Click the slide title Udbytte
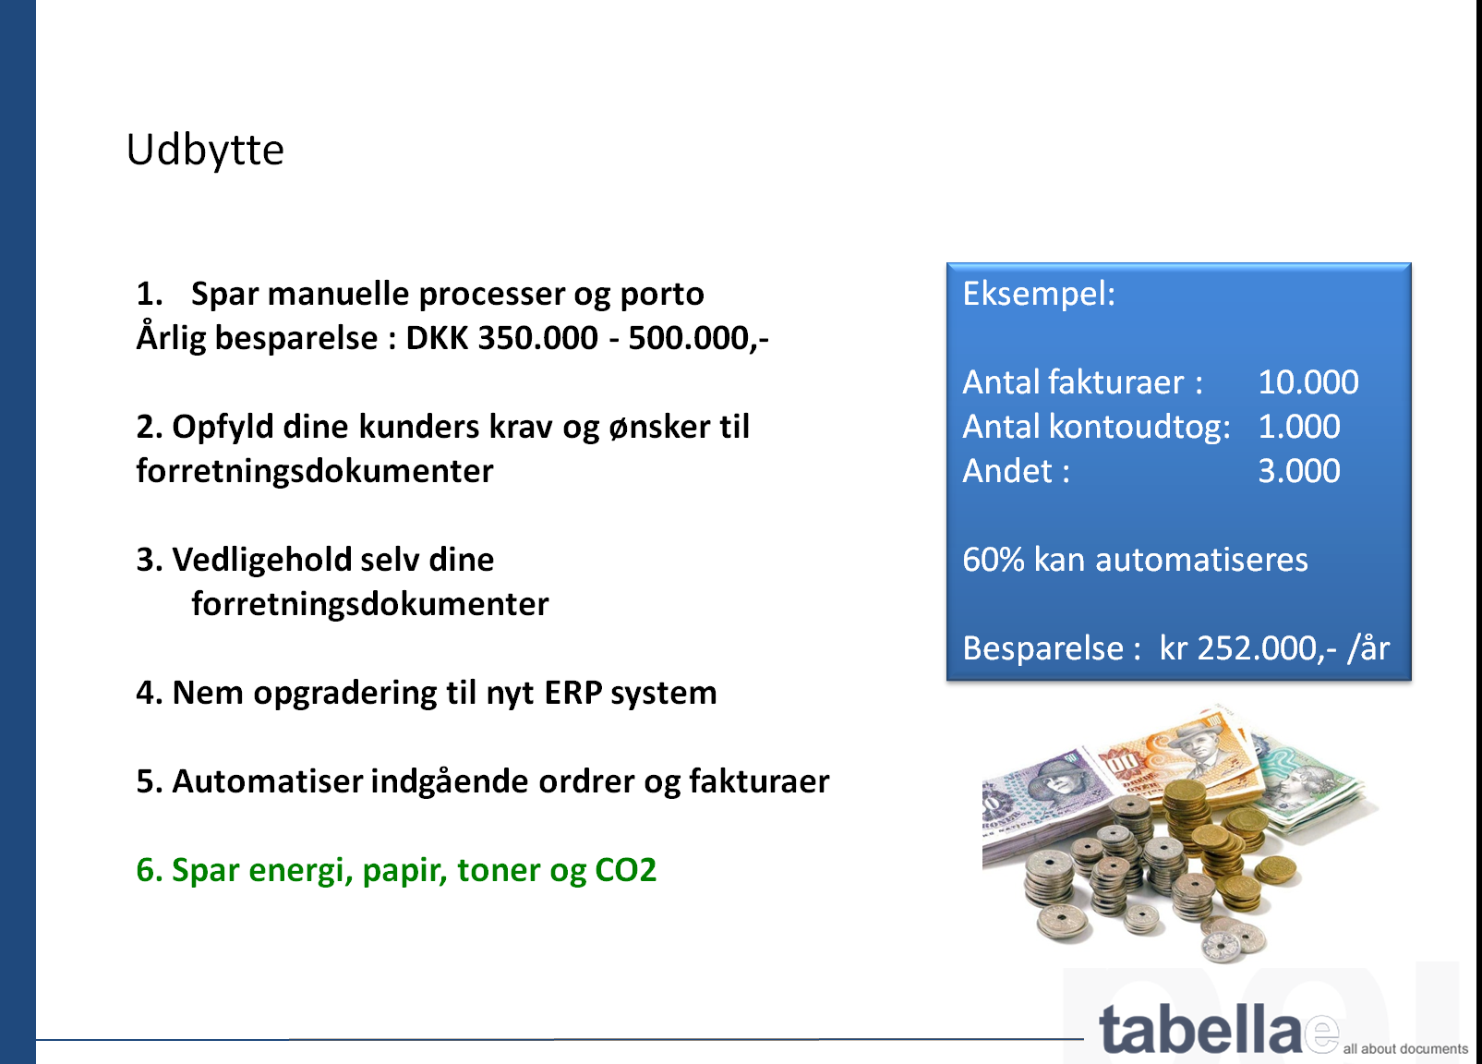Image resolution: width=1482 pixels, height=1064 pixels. pyautogui.click(x=205, y=151)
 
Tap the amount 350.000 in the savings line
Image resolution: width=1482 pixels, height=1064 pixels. pyautogui.click(x=538, y=338)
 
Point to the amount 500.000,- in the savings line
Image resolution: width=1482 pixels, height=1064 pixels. pyautogui.click(x=698, y=338)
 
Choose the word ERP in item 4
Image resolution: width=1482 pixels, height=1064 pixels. pyautogui.click(x=573, y=693)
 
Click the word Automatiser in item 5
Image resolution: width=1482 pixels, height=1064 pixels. pyautogui.click(x=268, y=781)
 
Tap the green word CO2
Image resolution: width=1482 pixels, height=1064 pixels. pyautogui.click(x=625, y=870)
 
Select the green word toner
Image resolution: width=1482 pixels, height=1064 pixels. pyautogui.click(x=500, y=870)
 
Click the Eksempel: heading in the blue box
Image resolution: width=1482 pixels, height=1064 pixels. pyautogui.click(x=1039, y=295)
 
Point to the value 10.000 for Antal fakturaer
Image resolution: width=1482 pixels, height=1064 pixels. pyautogui.click(x=1308, y=382)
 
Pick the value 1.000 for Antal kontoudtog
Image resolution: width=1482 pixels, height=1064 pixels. pyautogui.click(x=1299, y=427)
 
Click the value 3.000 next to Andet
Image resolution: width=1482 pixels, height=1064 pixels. pyautogui.click(x=1299, y=471)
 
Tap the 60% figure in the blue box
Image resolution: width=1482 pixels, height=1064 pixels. pyautogui.click(x=993, y=560)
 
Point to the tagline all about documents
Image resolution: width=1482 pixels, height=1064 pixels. pyautogui.click(x=1405, y=1049)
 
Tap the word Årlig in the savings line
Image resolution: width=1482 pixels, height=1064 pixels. pyautogui.click(x=171, y=337)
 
